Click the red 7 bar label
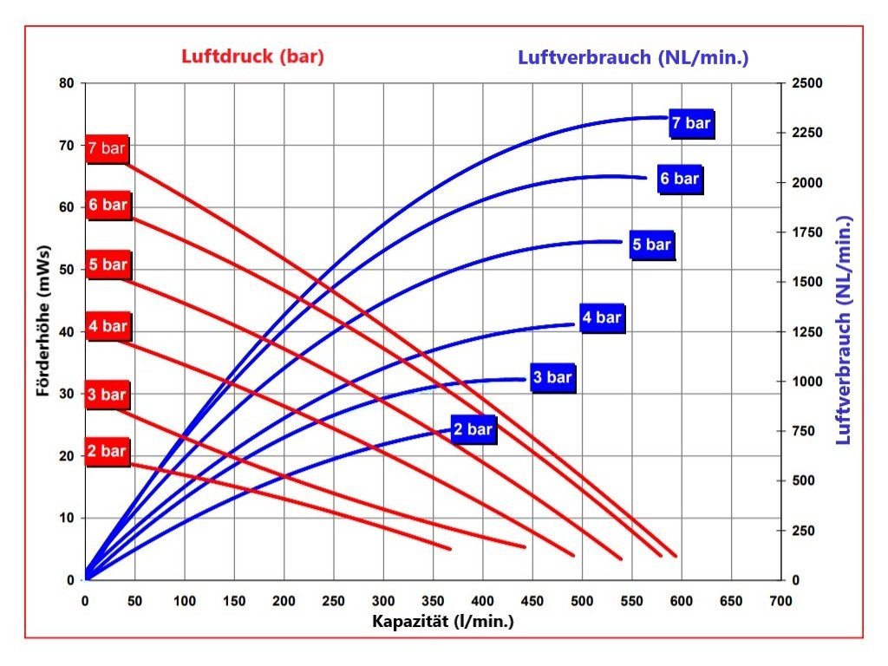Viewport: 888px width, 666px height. tap(107, 148)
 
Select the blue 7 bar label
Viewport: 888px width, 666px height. tap(692, 124)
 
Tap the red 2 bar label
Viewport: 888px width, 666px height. tap(107, 452)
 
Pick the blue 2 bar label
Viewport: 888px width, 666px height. tap(473, 429)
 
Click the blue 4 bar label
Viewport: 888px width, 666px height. tap(602, 317)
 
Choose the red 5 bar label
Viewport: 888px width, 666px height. tap(107, 264)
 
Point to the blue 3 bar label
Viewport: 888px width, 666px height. tap(552, 378)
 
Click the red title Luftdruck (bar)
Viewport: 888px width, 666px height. tap(252, 57)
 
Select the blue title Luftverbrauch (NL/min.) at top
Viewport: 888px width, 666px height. tap(633, 57)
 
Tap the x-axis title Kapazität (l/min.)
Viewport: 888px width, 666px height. tap(443, 621)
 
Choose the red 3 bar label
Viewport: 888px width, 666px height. tap(107, 395)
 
